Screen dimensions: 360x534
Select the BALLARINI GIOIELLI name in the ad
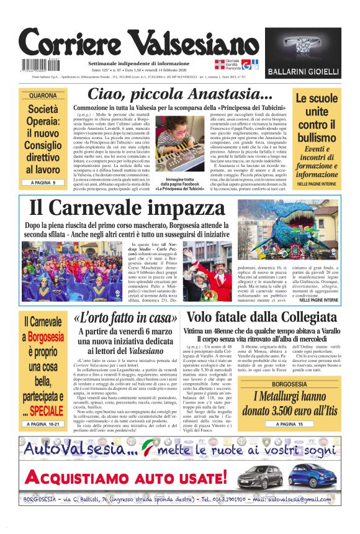click(x=303, y=73)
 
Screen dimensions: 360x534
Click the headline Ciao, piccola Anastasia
click(x=179, y=95)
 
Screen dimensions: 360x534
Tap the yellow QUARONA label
click(x=43, y=96)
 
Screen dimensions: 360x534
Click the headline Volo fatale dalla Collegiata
click(x=260, y=317)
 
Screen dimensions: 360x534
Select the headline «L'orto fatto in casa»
click(x=122, y=318)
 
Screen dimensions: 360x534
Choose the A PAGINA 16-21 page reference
click(x=43, y=424)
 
